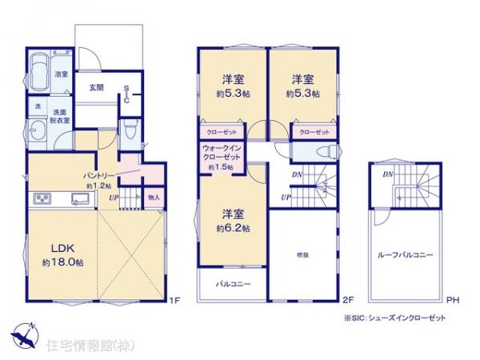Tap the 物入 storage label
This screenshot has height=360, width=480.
154,198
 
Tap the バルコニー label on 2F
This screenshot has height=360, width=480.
233,283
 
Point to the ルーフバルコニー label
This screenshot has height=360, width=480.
406,254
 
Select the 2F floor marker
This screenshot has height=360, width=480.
347,301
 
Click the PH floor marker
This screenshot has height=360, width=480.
451,301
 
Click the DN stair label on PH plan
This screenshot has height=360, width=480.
386,174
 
